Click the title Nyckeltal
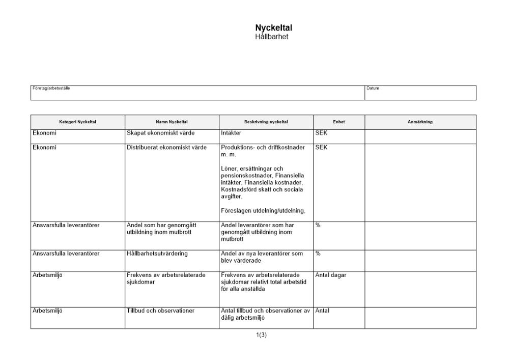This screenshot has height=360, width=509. pos(273,28)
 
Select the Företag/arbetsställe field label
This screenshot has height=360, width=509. pos(51,88)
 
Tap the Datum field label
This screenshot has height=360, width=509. pos(373,88)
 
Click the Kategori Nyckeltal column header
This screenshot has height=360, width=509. pos(77,122)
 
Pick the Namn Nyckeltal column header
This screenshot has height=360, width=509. pos(172,122)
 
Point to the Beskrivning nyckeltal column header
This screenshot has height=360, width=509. pos(266,122)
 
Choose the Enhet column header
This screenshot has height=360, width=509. pos(338,122)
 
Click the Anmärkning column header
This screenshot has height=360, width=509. pos(420,122)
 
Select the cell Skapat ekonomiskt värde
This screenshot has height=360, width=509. pos(161,133)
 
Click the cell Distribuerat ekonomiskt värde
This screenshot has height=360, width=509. pos(167,148)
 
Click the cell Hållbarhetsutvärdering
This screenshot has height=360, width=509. pos(158,253)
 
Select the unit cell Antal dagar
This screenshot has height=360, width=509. pos(331,275)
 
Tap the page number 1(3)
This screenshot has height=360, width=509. pos(261,335)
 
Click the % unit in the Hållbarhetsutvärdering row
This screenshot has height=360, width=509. pos(318,253)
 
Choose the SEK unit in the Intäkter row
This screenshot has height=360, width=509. pos(322,133)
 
